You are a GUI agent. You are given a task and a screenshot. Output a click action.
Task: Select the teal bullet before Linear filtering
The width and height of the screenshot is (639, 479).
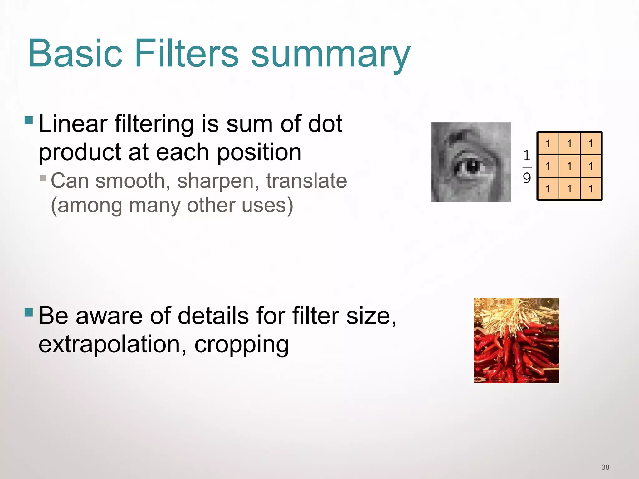click(x=29, y=120)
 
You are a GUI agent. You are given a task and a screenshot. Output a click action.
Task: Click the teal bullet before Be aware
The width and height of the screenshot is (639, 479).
click(x=29, y=312)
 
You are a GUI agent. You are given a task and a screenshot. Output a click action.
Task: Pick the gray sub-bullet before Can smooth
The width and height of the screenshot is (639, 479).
click(x=43, y=178)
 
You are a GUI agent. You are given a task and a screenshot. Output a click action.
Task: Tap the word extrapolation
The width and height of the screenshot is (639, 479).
click(x=112, y=345)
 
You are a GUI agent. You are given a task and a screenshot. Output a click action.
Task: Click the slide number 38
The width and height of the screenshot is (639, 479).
click(x=605, y=467)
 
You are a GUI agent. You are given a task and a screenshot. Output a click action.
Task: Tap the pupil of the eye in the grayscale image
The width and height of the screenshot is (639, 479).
click(x=472, y=167)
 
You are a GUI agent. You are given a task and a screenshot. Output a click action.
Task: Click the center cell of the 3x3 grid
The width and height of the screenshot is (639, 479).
click(x=569, y=166)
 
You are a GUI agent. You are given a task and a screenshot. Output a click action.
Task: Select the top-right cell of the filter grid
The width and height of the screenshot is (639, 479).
click(x=591, y=143)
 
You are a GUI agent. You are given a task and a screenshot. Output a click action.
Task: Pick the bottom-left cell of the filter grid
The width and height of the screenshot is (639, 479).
click(x=548, y=189)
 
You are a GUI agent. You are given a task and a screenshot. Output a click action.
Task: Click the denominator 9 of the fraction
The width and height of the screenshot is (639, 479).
click(x=527, y=178)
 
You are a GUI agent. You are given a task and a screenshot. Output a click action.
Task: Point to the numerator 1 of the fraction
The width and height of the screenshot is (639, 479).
click(x=527, y=155)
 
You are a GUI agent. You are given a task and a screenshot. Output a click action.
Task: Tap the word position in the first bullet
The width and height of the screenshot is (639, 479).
click(x=259, y=152)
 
